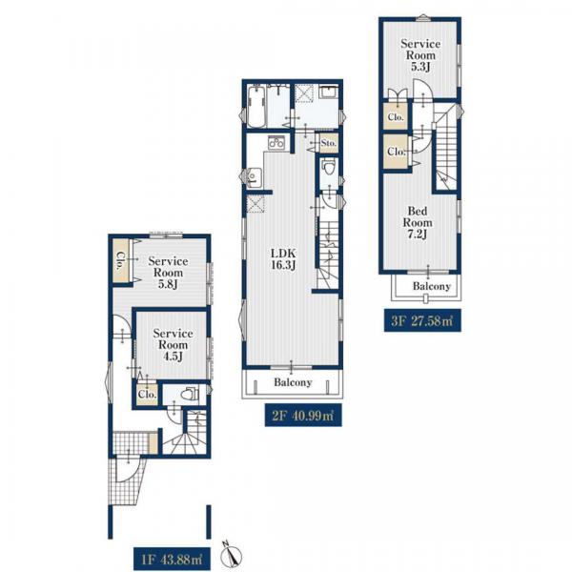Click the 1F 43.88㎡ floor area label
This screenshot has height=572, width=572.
pos(171,560)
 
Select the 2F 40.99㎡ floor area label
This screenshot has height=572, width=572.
pos(303,415)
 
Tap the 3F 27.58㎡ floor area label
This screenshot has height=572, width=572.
pos(422,320)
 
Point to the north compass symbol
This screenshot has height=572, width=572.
pos(231,556)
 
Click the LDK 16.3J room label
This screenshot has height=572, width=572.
pos(283,258)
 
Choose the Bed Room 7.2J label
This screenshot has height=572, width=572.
pos(418,222)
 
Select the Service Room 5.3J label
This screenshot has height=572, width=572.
pos(420,55)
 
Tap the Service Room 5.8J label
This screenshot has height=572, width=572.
pos(168,273)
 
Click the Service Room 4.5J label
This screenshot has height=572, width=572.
pos(173,345)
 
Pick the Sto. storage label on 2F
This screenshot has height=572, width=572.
pos(329,143)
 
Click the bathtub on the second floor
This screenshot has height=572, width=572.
pos(255,106)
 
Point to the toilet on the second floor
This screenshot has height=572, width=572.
pos(329,168)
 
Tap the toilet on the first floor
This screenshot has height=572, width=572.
pos(190,394)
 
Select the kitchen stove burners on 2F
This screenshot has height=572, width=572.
pos(277,142)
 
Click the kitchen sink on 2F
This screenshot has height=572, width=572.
pos(254,178)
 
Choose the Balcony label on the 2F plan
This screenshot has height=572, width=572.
pos(293,382)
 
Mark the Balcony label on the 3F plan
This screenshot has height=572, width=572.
pos(432,286)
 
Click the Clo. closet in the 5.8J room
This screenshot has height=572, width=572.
pos(120,260)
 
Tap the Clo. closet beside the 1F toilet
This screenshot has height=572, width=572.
pos(148,394)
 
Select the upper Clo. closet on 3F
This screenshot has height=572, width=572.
pos(396,117)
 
